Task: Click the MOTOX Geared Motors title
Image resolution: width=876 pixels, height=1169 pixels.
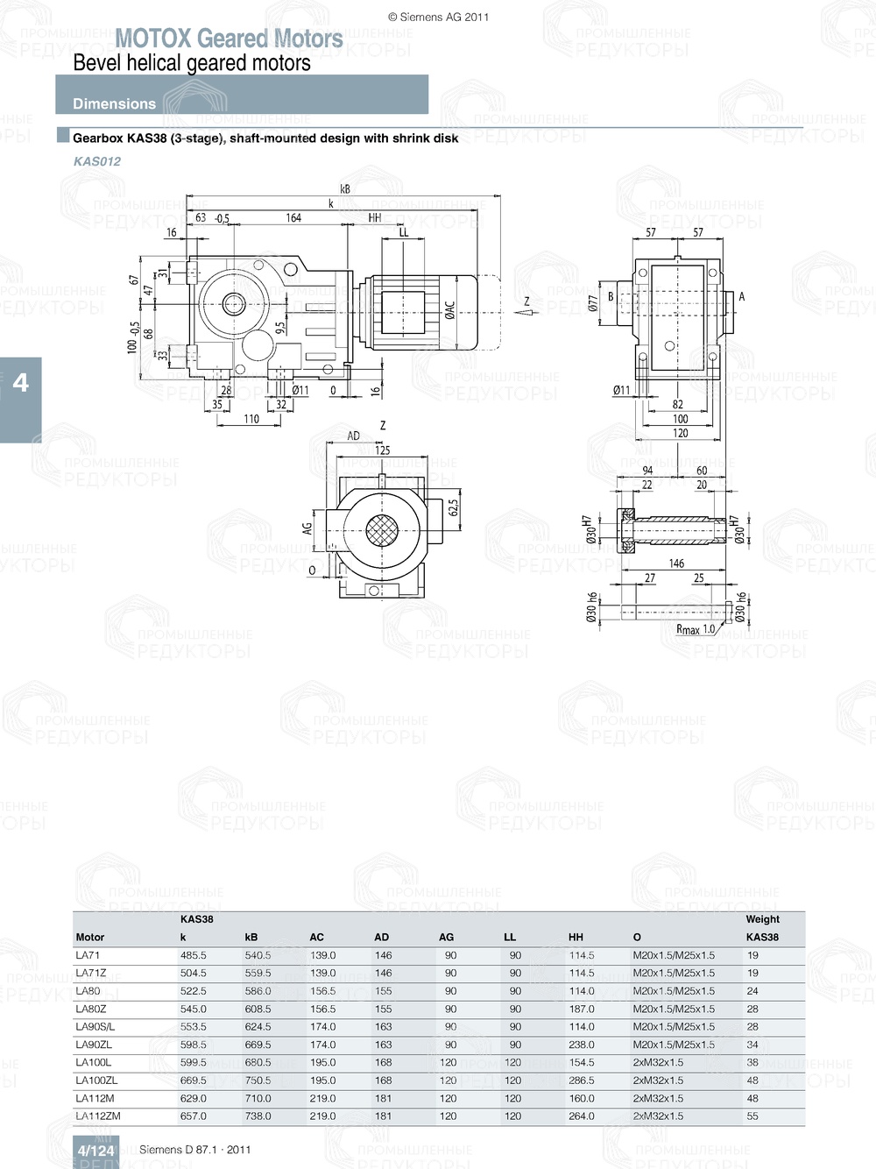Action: coord(229,39)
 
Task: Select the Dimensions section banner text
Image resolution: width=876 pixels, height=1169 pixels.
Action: coord(114,103)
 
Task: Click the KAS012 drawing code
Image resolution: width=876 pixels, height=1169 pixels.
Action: coord(97,161)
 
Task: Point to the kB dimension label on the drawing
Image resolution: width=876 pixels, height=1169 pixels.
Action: coord(345,188)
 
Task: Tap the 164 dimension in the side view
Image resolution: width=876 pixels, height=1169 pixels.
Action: coord(293,217)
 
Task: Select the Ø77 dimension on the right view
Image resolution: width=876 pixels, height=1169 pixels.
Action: coord(593,303)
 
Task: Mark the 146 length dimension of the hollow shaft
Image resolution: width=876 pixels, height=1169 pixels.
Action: coord(676,563)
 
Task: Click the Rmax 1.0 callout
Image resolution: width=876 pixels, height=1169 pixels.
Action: coord(696,629)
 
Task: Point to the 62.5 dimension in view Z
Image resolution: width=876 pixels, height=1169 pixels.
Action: coord(453,509)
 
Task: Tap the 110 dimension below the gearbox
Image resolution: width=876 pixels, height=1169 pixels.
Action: coord(251,419)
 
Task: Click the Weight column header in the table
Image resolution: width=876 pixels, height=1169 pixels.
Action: coord(762,919)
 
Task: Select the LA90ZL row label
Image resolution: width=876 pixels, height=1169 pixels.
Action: coord(94,1045)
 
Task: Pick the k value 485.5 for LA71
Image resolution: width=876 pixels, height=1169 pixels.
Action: coord(194,955)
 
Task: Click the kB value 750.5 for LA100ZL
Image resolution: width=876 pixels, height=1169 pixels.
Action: coord(258,1080)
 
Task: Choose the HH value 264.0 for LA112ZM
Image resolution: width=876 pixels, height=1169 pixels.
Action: coord(582,1116)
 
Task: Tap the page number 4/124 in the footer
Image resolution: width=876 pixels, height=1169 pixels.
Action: coord(95,1151)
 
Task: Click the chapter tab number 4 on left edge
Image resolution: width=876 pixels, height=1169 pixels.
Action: coord(20,383)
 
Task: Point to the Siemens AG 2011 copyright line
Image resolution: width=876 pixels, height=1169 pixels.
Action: coord(438,17)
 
